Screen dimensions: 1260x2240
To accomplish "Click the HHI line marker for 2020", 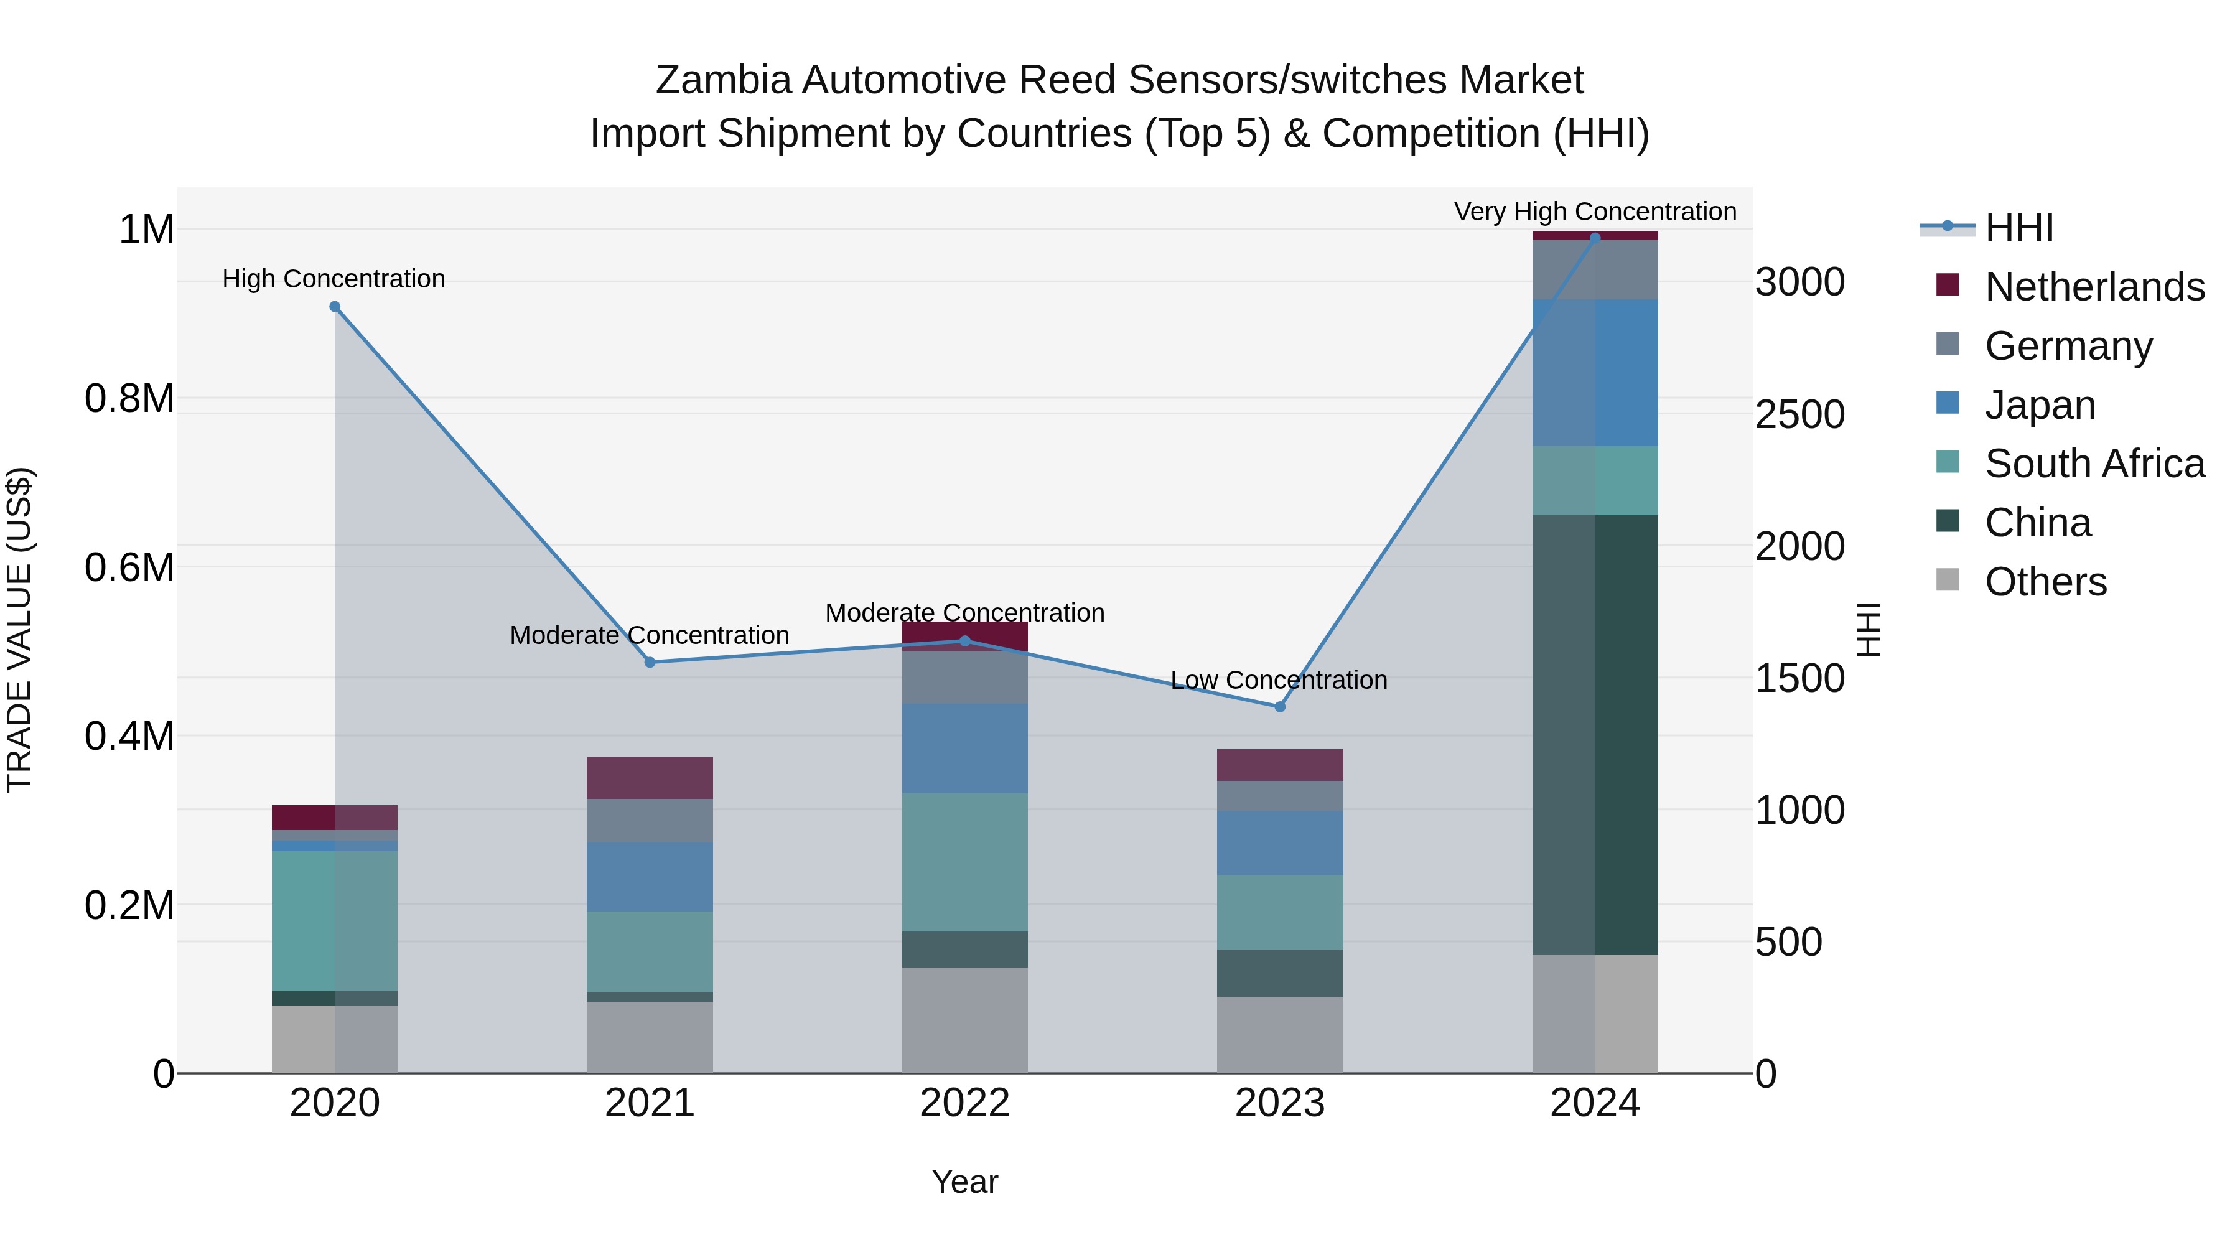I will pos(335,307).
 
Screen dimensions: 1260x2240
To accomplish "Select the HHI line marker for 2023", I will pos(1280,707).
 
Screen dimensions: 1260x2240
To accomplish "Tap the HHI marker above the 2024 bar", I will pos(1595,238).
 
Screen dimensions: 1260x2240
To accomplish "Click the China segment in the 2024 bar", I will pos(1595,735).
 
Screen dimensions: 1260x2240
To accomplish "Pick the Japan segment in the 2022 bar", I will pos(964,748).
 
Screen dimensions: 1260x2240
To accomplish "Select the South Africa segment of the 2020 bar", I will pos(335,920).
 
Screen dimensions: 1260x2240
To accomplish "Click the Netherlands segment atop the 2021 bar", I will pos(650,777).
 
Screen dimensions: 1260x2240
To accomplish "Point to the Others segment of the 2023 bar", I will pos(1280,1035).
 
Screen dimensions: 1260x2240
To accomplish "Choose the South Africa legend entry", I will pos(2094,464).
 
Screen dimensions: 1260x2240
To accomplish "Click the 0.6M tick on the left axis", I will pos(129,568).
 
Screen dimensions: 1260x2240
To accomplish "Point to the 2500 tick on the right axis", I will pos(1799,415).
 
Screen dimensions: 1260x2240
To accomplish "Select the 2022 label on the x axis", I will pos(964,1103).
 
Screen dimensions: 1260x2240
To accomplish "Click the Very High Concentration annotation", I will pos(1595,212).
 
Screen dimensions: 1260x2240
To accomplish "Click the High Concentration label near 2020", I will pos(334,279).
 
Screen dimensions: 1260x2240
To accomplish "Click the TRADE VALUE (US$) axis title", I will pos(19,630).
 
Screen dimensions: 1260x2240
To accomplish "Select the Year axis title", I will pos(964,1182).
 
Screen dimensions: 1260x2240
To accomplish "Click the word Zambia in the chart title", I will pos(722,80).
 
